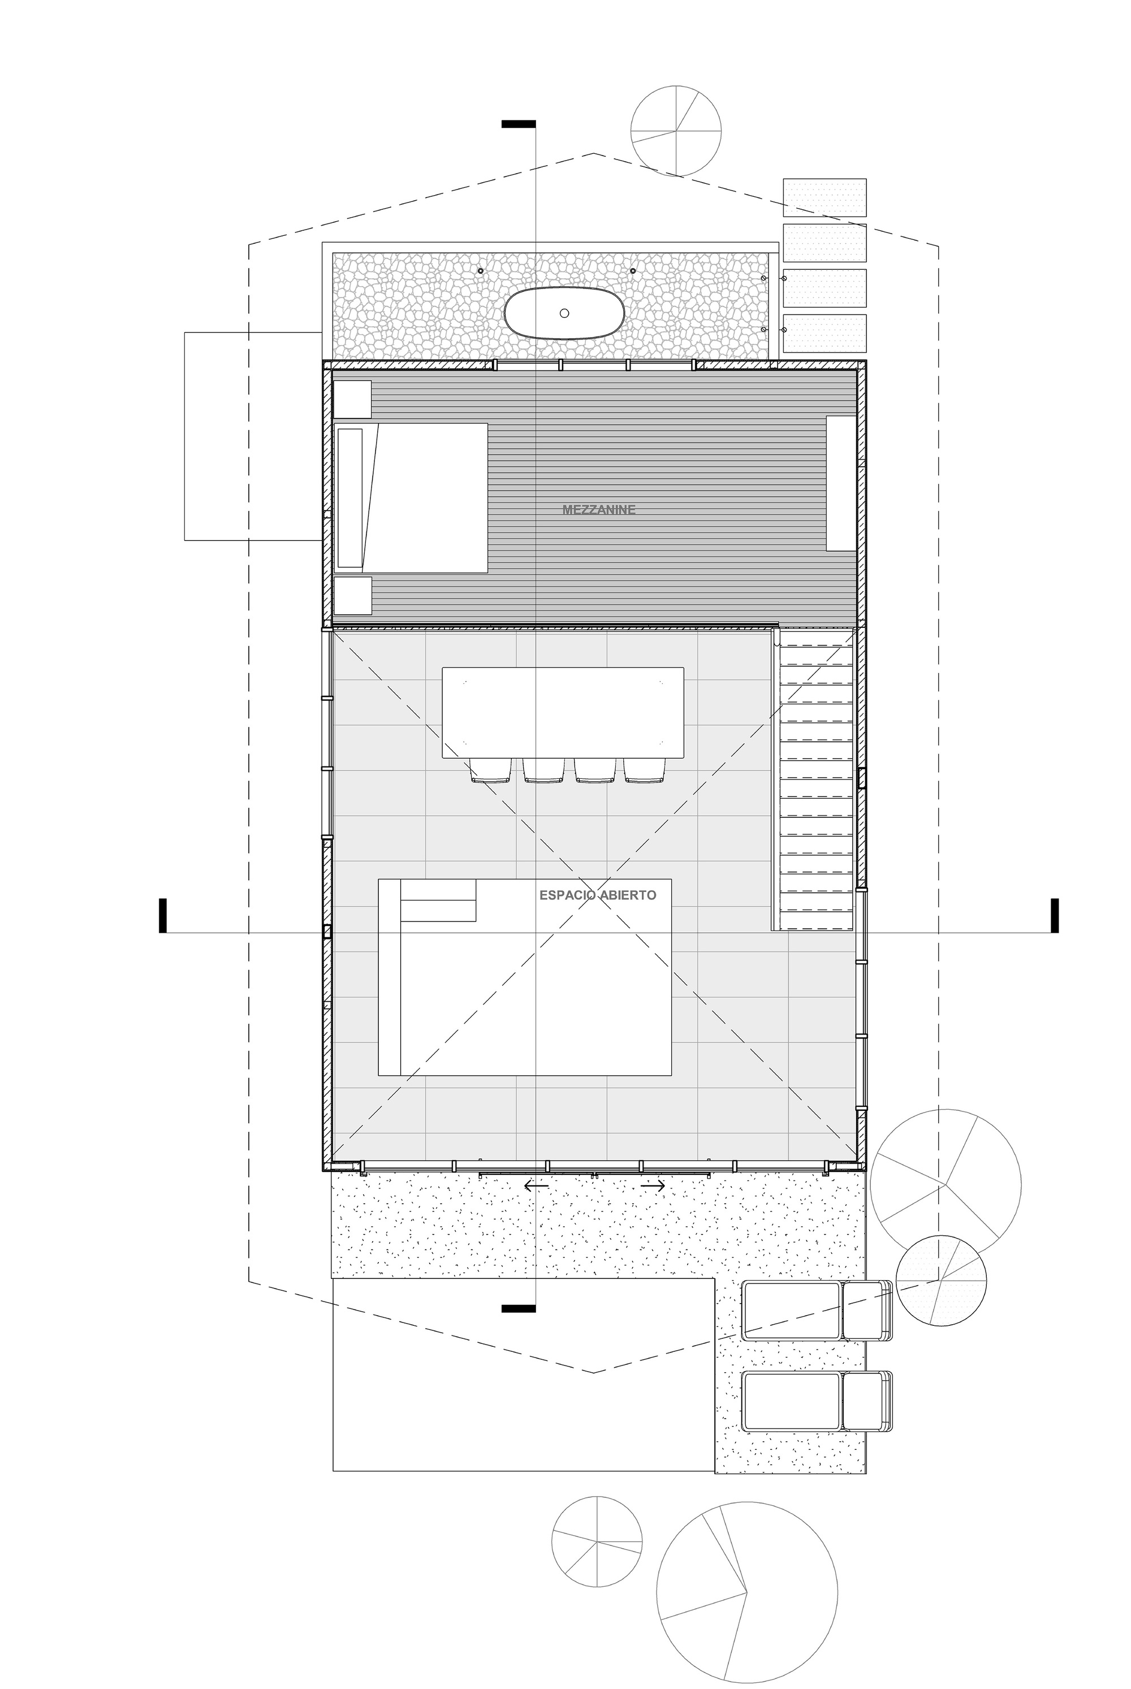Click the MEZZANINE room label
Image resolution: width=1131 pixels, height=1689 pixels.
click(x=599, y=510)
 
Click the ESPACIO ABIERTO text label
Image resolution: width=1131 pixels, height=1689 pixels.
click(x=598, y=895)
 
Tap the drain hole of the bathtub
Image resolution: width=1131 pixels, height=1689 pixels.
click(x=564, y=313)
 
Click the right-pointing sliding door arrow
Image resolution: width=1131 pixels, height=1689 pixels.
click(x=652, y=1186)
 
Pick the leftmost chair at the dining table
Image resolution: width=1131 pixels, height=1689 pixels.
click(x=490, y=770)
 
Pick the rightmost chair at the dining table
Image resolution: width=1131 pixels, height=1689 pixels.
click(x=644, y=770)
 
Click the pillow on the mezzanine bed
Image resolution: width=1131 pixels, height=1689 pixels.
click(x=350, y=498)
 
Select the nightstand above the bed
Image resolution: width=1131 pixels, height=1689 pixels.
click(x=352, y=399)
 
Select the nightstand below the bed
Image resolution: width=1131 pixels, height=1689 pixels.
click(x=352, y=595)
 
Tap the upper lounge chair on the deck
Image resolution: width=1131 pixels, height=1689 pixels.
click(x=817, y=1311)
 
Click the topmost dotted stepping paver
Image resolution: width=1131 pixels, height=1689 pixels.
click(x=824, y=197)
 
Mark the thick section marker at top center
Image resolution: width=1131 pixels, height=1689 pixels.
click(x=519, y=124)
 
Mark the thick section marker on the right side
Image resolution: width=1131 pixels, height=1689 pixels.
click(x=1055, y=916)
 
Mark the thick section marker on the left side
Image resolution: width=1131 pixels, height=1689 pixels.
click(x=163, y=916)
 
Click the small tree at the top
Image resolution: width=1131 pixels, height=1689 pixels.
click(x=676, y=131)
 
